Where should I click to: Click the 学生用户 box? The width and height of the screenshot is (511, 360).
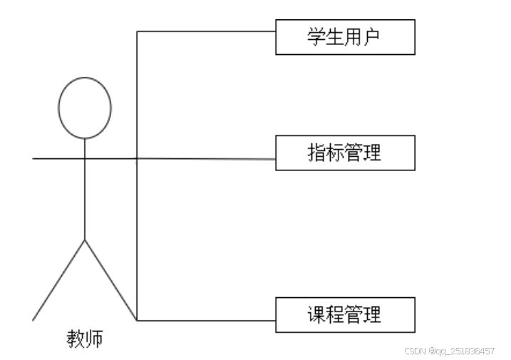(345, 37)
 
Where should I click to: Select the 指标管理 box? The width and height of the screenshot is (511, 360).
(345, 153)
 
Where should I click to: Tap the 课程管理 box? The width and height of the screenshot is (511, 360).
(345, 314)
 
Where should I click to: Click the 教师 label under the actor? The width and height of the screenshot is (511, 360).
(85, 338)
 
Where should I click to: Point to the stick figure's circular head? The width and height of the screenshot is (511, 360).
(85, 108)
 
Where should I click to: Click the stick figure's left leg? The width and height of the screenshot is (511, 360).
(59, 279)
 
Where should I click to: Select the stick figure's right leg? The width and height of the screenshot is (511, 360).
(110, 279)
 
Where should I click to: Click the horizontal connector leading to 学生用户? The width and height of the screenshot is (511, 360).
(207, 31)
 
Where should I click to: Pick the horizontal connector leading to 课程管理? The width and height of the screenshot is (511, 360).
(207, 320)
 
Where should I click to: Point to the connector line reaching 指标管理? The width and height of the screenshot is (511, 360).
(207, 159)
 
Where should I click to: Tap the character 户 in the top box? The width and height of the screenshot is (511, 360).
(373, 37)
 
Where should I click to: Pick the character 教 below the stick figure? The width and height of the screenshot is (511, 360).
(76, 338)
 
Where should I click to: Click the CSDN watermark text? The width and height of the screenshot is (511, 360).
(449, 351)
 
